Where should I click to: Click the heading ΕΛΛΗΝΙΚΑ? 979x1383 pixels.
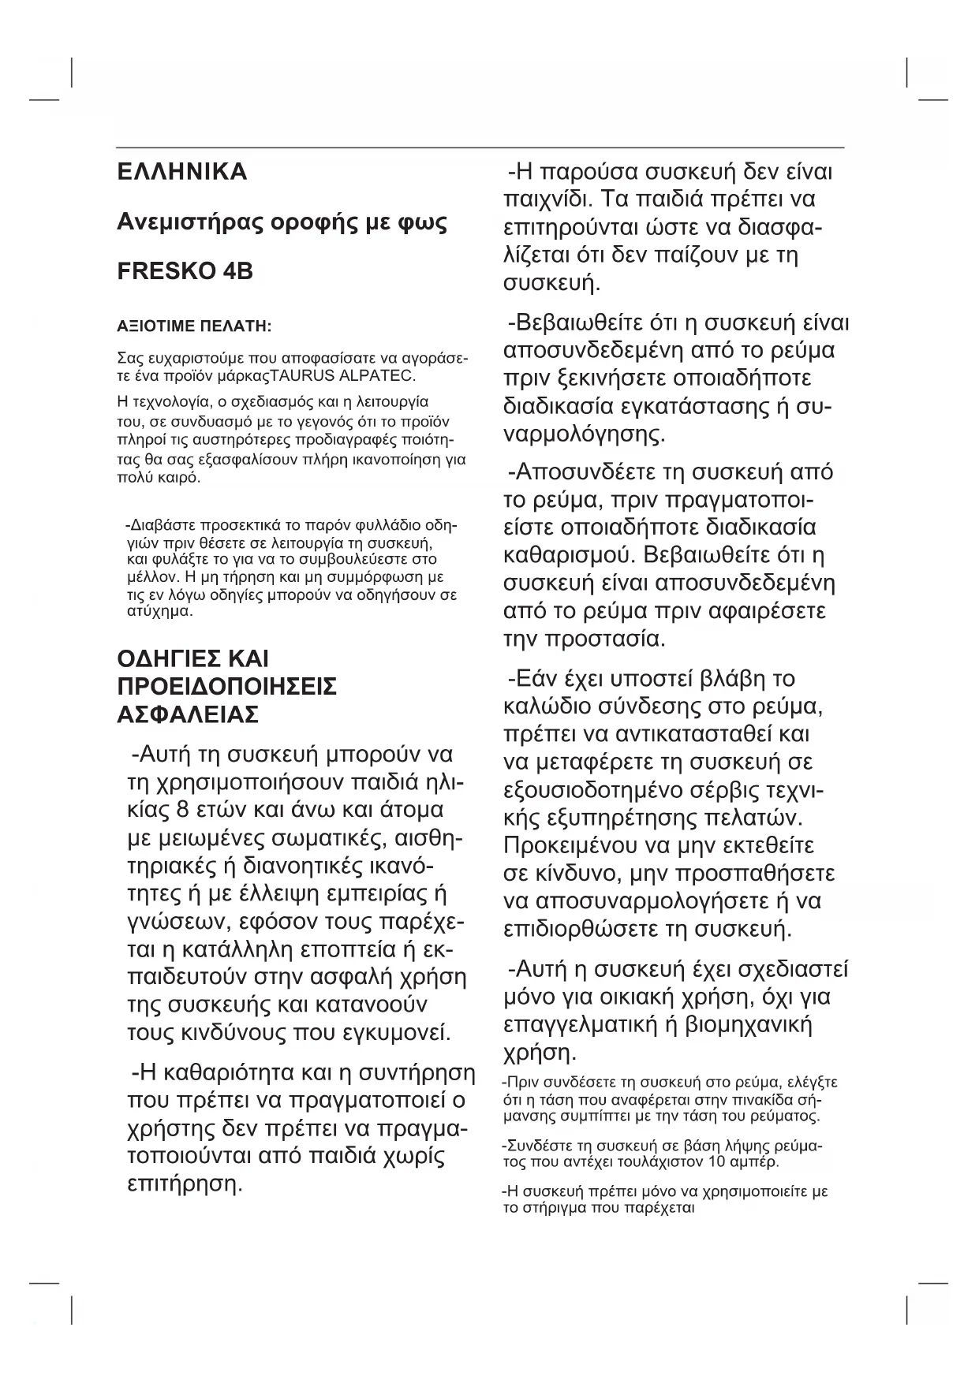[181, 172]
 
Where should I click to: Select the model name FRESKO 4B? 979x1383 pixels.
[185, 271]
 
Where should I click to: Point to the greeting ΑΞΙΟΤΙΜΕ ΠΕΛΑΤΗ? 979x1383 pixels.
[194, 326]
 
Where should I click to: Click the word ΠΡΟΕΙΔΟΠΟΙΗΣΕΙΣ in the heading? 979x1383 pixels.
[227, 686]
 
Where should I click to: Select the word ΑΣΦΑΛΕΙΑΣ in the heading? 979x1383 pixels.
[188, 714]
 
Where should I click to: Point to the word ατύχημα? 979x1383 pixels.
[155, 611]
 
